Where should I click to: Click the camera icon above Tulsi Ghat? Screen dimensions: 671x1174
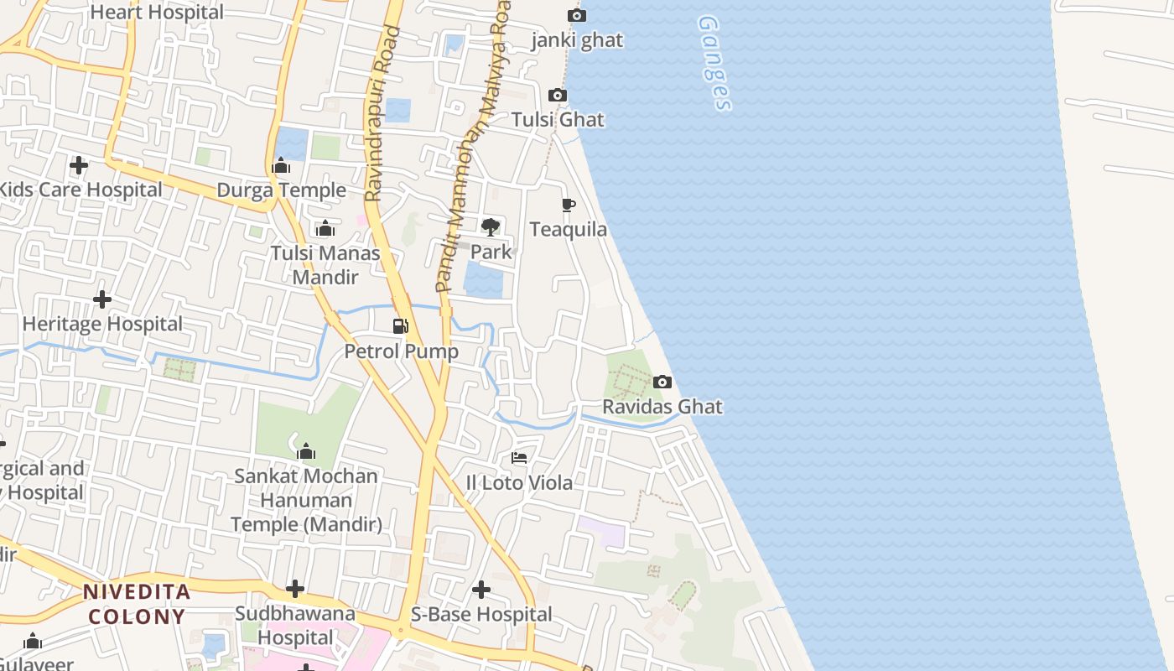tap(558, 96)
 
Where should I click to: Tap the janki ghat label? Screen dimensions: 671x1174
tap(578, 41)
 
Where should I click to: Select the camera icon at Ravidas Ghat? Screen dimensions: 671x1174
tap(662, 382)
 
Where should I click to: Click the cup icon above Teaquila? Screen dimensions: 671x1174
tap(569, 205)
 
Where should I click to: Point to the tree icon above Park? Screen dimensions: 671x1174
tap(491, 226)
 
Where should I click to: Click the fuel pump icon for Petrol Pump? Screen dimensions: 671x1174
tap(401, 325)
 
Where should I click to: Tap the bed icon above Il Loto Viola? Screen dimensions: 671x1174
tap(519, 458)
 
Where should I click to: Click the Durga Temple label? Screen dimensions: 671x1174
tap(281, 190)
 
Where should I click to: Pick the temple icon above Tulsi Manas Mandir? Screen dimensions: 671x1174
tap(325, 228)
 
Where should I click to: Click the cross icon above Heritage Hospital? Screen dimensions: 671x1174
tap(102, 299)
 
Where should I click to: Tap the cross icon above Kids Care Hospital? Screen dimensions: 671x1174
tap(79, 165)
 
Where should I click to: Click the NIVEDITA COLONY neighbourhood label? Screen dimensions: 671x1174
tap(137, 604)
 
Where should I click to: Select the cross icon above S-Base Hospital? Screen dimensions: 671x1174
tap(481, 590)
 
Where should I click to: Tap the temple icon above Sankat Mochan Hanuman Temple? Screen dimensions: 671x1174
tap(306, 451)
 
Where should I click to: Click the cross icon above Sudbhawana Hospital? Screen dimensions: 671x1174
tap(295, 589)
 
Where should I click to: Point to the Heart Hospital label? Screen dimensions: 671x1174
tap(157, 13)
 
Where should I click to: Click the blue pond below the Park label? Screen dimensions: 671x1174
tap(484, 280)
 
